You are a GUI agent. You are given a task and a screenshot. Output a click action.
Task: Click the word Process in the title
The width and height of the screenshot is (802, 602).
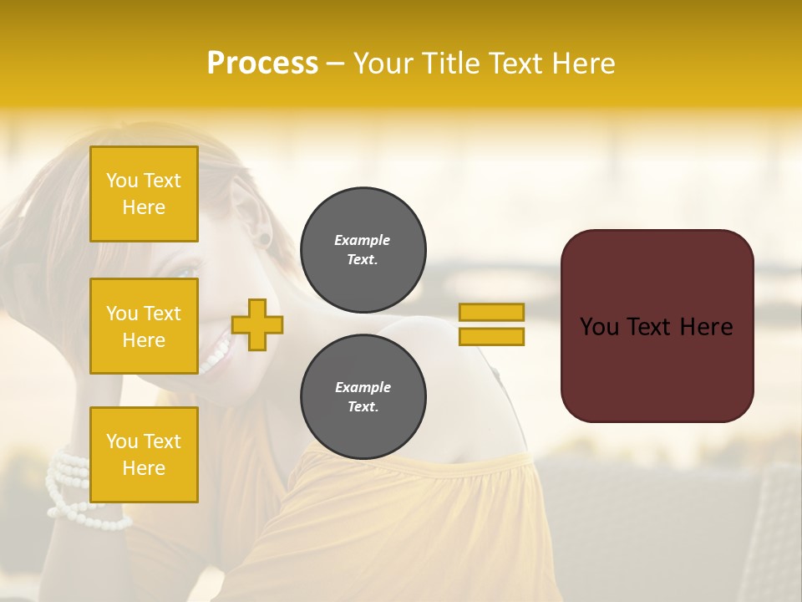(262, 64)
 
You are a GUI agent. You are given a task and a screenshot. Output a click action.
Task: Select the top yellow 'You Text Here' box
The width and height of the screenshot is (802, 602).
(144, 194)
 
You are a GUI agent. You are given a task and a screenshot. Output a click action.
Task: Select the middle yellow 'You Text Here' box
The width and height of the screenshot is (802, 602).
(144, 326)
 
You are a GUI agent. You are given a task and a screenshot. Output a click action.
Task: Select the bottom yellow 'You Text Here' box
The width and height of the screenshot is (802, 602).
(144, 455)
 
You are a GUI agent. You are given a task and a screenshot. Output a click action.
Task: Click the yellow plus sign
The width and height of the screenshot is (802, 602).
(257, 324)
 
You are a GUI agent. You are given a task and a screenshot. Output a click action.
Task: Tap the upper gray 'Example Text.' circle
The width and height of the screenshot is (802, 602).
(363, 250)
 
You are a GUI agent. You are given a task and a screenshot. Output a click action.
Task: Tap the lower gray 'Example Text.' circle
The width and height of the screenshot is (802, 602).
(363, 397)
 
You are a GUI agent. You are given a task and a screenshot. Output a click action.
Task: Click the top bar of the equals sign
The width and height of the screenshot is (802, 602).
(491, 313)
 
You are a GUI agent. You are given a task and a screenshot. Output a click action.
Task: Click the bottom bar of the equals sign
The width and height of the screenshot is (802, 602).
(491, 336)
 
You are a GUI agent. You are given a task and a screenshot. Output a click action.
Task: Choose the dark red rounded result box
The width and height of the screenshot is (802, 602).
(657, 326)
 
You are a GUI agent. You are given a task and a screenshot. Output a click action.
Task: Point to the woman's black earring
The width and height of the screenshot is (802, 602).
(264, 240)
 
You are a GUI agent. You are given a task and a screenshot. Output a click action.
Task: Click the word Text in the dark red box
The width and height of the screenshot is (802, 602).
(657, 327)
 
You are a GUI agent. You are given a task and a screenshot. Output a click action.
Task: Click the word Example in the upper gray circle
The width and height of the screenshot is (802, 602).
(363, 241)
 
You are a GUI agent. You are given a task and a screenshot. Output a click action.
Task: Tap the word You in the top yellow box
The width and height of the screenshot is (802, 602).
(122, 181)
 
